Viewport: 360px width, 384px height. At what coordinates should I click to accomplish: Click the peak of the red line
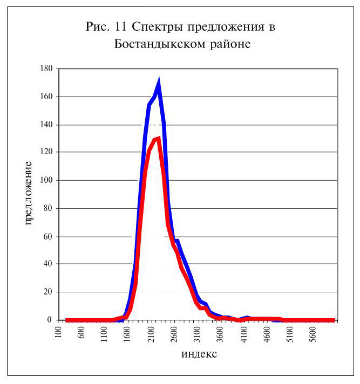(159, 139)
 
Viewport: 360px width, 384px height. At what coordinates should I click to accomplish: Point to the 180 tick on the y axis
(46, 68)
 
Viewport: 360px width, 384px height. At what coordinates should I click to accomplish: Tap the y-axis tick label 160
(46, 97)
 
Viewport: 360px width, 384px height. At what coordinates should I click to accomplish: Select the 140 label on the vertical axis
(46, 125)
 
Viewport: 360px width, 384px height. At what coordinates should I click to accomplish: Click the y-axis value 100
(46, 180)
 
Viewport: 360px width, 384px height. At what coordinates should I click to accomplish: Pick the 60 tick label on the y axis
(49, 237)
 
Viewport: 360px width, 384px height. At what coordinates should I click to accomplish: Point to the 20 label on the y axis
(49, 292)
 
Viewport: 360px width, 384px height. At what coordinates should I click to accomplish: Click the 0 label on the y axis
(50, 320)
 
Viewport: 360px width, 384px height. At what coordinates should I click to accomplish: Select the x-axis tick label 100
(58, 332)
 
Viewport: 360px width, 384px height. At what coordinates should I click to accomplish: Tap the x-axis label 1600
(127, 334)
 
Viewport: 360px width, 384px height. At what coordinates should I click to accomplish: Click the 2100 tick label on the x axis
(151, 334)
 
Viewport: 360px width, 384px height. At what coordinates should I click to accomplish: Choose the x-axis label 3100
(198, 334)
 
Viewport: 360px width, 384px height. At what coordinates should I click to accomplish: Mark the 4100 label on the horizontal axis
(244, 334)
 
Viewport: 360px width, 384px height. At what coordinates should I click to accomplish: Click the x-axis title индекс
(199, 354)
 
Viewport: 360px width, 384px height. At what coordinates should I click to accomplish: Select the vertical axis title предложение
(28, 193)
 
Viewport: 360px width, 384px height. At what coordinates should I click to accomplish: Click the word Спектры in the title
(157, 27)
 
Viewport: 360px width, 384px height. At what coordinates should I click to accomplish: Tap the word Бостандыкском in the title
(160, 44)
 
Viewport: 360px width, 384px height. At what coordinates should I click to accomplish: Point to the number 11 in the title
(120, 26)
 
